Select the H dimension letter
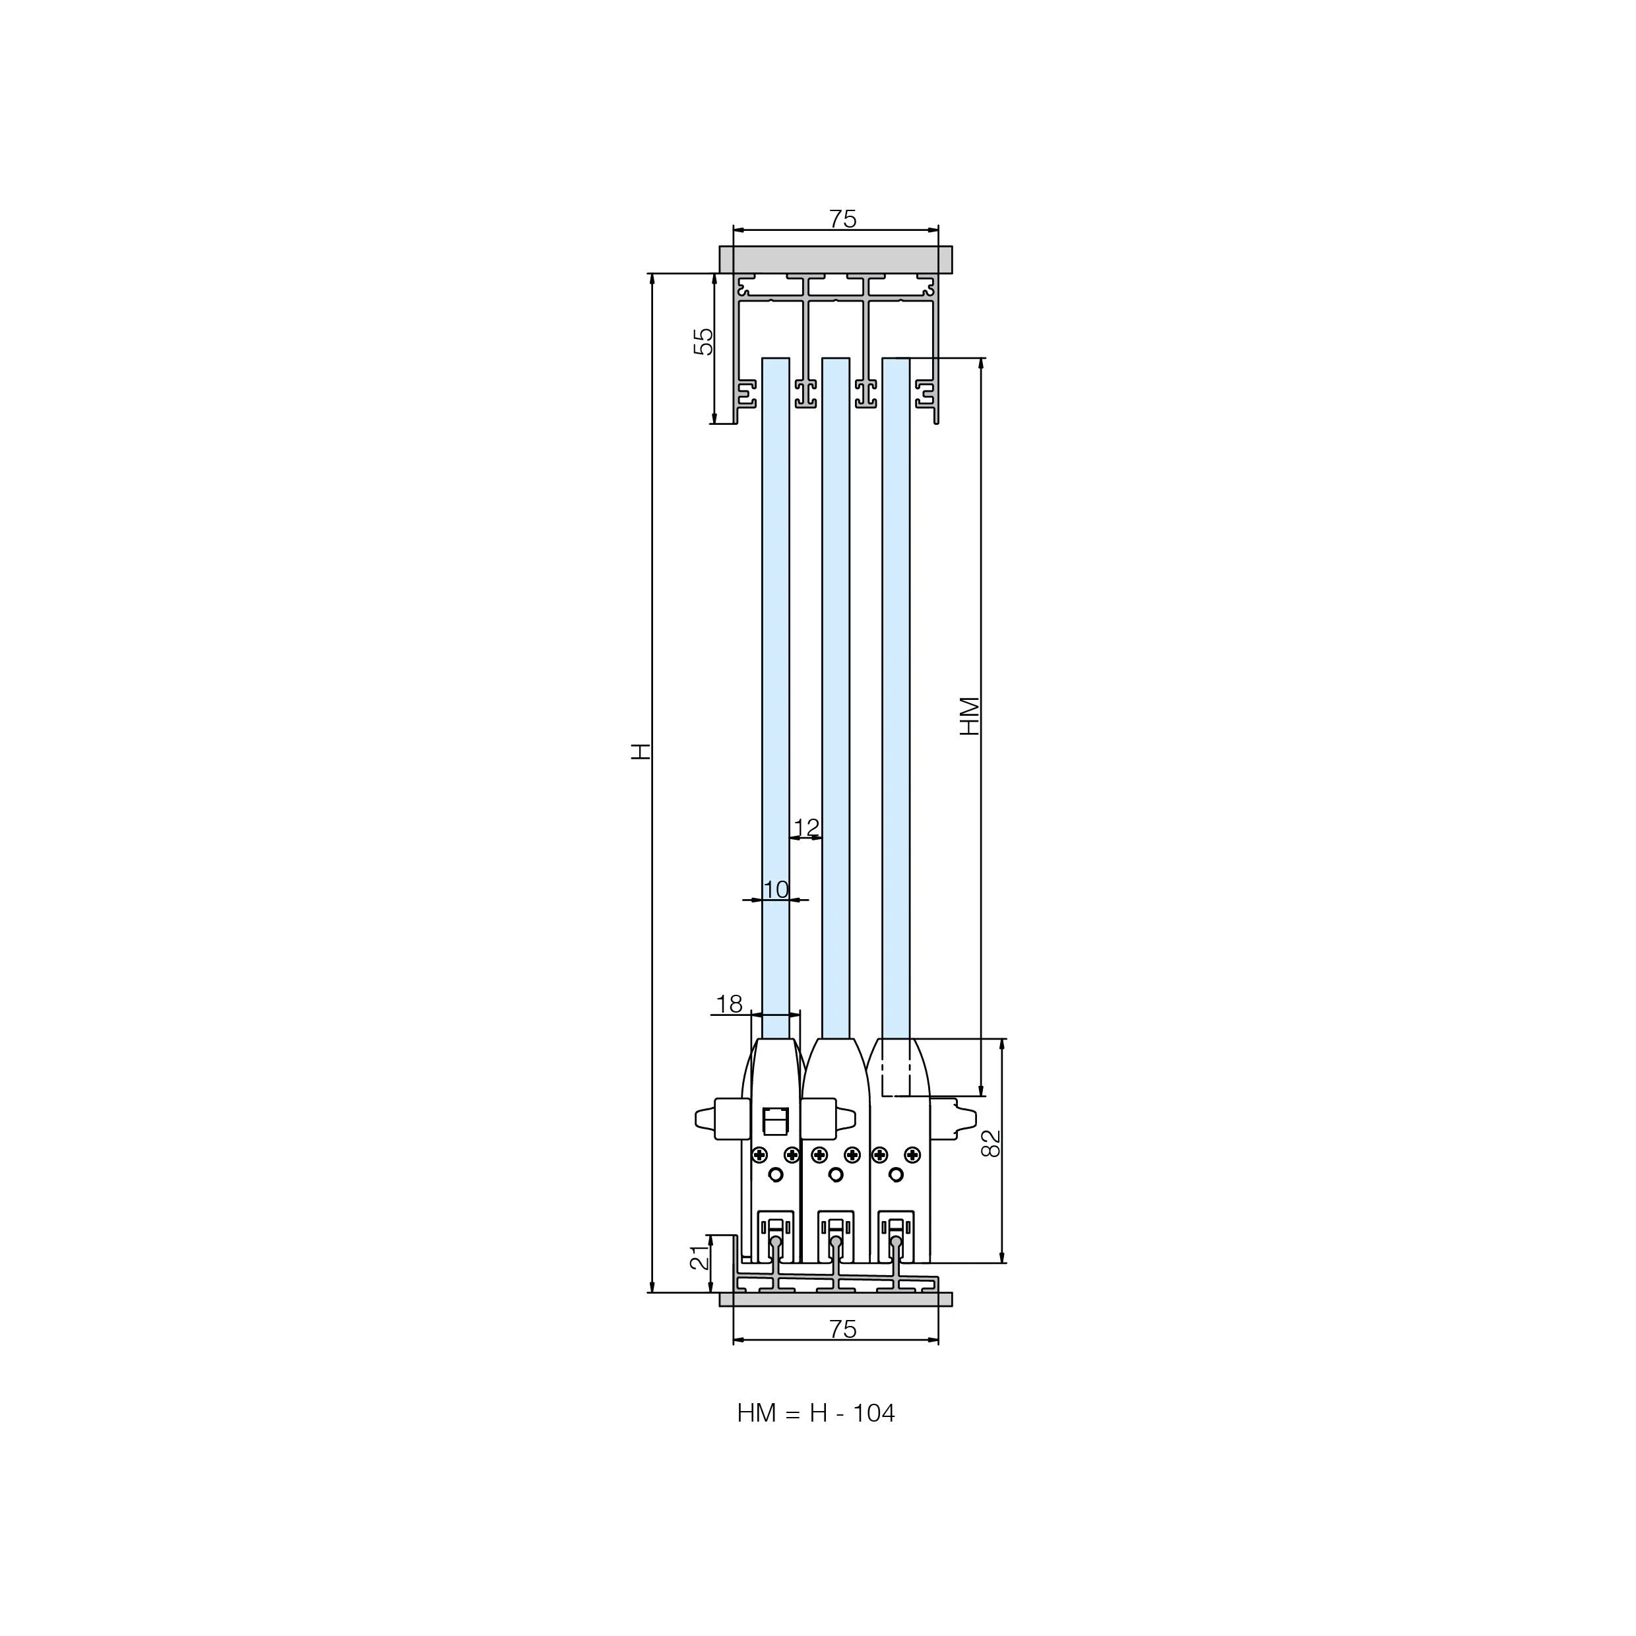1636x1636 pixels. pos(641,751)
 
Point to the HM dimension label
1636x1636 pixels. pos(970,716)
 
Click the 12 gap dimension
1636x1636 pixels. pos(807,827)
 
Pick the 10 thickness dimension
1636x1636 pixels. pos(776,890)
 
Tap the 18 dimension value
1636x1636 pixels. pos(729,1004)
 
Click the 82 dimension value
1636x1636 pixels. pos(991,1143)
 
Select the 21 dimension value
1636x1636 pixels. pos(699,1257)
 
